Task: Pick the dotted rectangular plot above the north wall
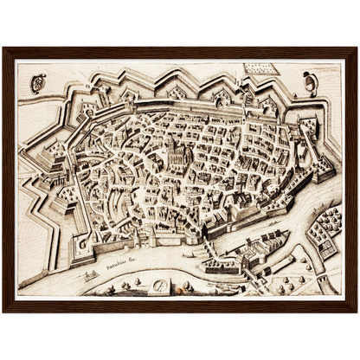(256, 67)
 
